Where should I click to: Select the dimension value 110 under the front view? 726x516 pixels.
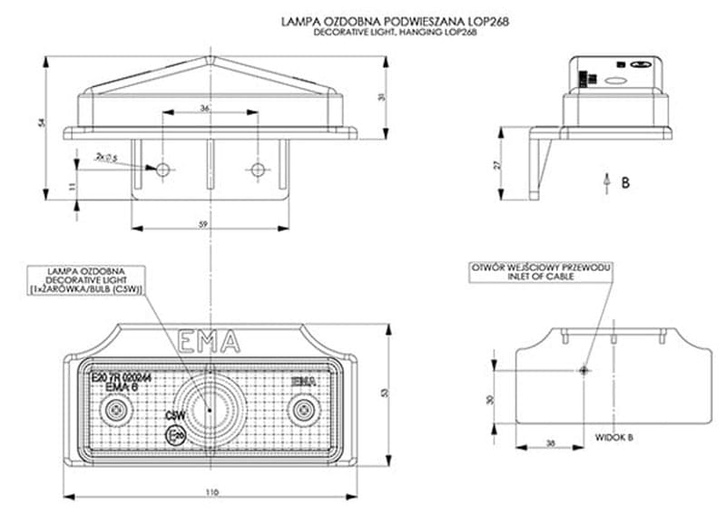click(212, 492)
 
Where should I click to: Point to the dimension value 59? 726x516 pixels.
click(204, 224)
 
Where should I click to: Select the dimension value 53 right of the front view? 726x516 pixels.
click(385, 392)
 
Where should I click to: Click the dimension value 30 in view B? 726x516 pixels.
click(490, 399)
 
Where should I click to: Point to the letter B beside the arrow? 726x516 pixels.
click(625, 182)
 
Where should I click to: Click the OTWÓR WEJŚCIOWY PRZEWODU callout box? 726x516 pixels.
click(540, 272)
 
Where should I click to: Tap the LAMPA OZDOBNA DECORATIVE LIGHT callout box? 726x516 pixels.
click(87, 279)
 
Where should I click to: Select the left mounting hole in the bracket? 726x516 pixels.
click(163, 170)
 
